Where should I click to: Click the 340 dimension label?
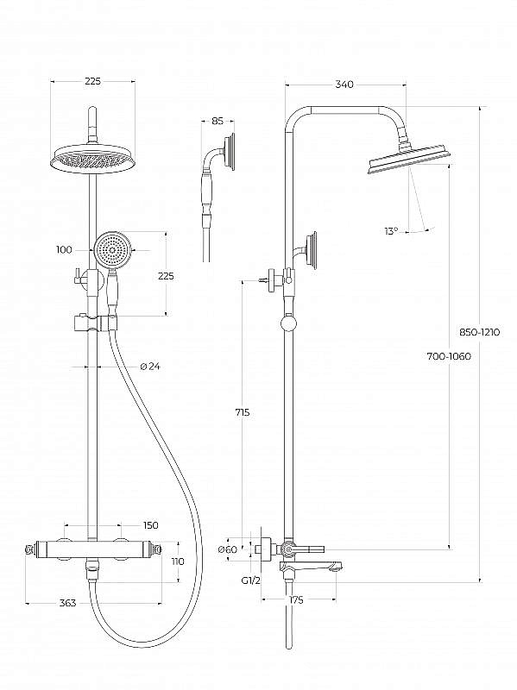(344, 85)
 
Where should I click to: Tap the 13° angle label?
(391, 230)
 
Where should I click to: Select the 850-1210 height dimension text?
(480, 332)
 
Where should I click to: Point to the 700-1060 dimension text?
(449, 356)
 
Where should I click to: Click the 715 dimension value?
(242, 412)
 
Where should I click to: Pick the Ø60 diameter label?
(227, 549)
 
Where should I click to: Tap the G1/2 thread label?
(251, 580)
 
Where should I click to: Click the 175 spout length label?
(296, 599)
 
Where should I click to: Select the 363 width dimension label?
(68, 602)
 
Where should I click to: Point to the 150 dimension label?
(150, 525)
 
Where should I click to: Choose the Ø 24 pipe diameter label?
(149, 366)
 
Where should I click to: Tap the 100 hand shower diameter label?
(64, 250)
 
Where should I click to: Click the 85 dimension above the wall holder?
(218, 121)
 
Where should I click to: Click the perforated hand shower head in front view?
(112, 250)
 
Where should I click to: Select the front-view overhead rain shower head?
(94, 159)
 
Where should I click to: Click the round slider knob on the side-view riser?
(289, 325)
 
